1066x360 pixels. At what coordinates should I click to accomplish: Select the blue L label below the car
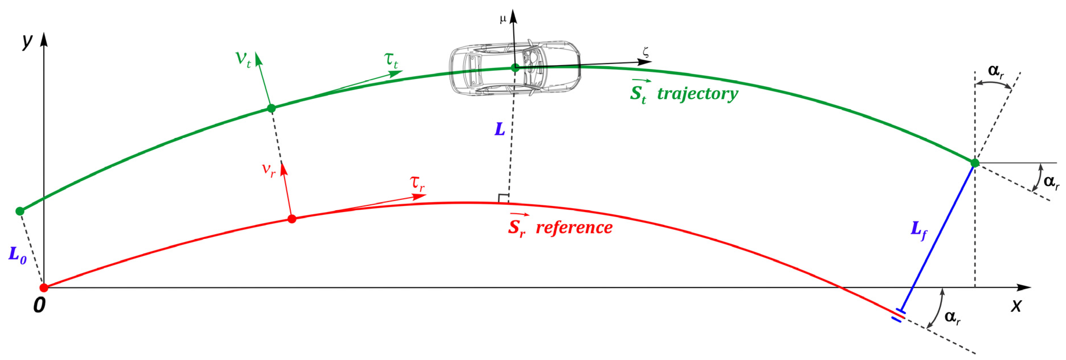coord(500,130)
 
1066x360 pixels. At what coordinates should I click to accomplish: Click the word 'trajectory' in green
coord(698,94)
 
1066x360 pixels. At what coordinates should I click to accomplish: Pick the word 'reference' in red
coord(574,228)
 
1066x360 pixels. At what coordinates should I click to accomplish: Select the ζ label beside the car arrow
coord(645,52)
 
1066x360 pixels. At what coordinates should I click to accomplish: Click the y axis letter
coord(27,41)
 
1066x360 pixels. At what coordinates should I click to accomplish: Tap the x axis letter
coord(1016,306)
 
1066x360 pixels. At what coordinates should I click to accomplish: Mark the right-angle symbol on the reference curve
coord(503,198)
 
